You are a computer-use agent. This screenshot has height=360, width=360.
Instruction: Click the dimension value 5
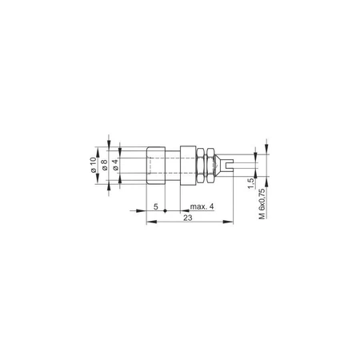pyautogui.click(x=155, y=206)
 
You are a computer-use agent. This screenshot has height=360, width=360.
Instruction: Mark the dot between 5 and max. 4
pyautogui.click(x=166, y=212)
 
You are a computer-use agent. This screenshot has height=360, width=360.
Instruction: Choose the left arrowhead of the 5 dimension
pyautogui.click(x=149, y=212)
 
